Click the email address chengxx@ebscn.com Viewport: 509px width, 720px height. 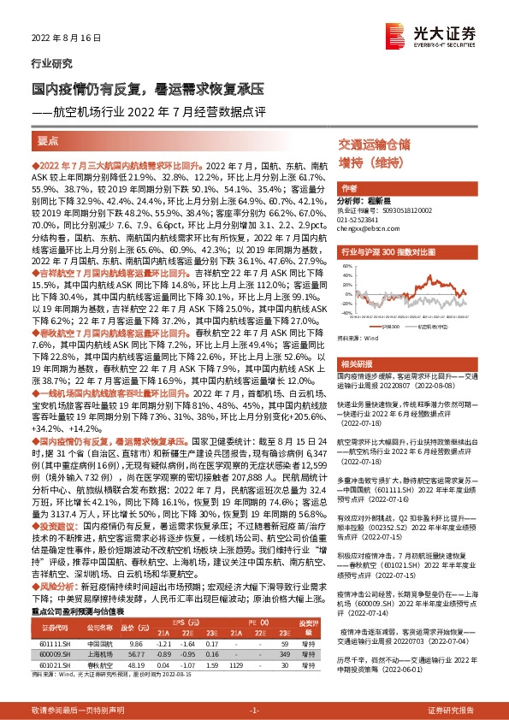(x=366, y=229)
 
